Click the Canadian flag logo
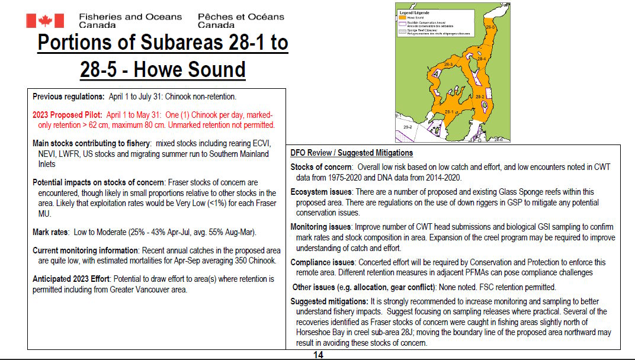(45, 21)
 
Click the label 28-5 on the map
(490, 27)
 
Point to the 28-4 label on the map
(481, 59)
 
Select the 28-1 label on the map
(449, 111)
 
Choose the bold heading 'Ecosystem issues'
(321, 192)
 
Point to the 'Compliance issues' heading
(323, 262)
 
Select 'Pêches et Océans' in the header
(240, 17)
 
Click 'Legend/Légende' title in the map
(413, 12)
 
